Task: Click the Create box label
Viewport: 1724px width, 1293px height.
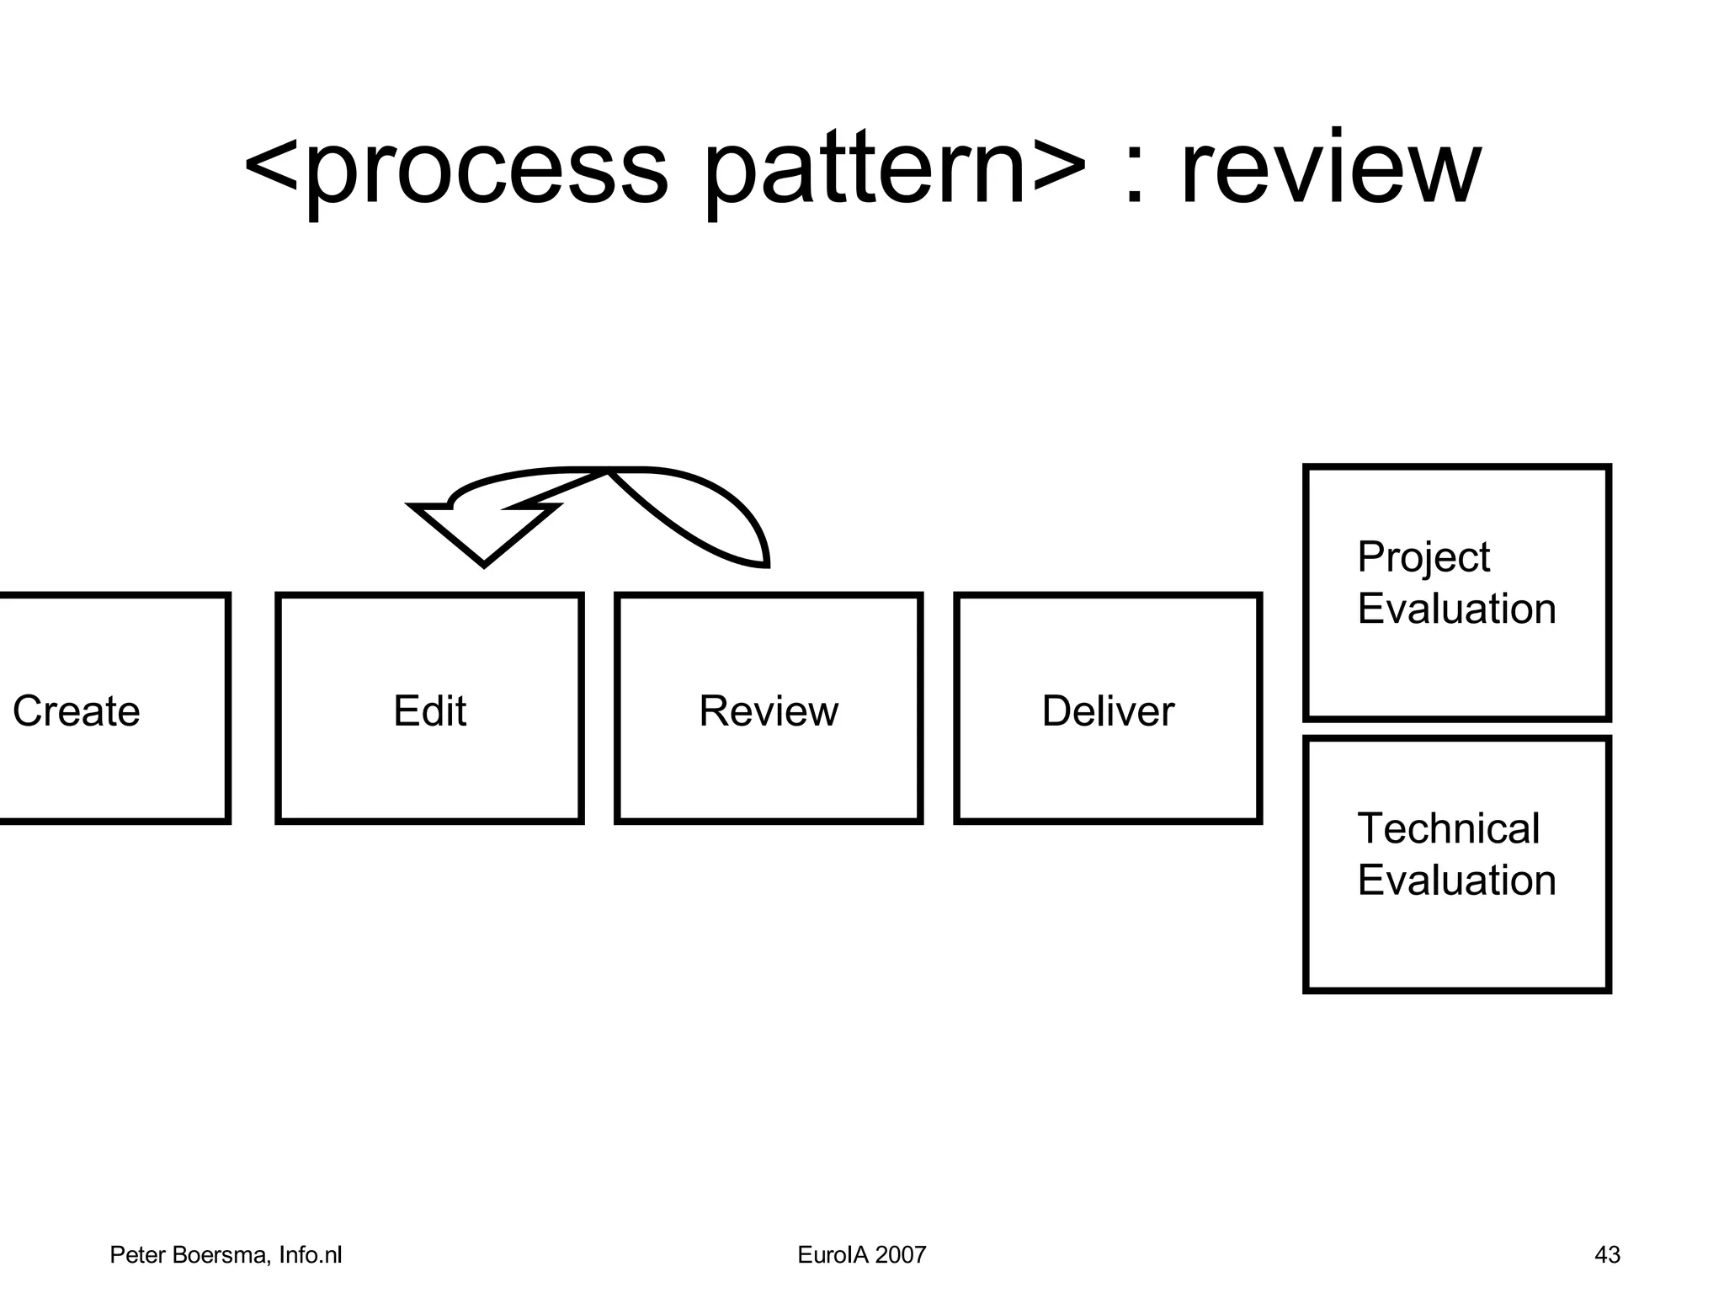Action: coord(76,710)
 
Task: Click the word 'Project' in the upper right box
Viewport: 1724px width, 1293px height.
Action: coord(1423,558)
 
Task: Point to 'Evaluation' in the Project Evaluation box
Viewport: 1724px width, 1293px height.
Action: coord(1456,609)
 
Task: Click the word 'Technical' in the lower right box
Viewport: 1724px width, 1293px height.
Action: coord(1448,828)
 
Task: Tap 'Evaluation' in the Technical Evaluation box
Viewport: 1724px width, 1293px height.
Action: coord(1456,881)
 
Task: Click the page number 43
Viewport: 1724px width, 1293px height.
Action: coord(1607,1255)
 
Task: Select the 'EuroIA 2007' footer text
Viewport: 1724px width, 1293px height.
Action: coord(861,1255)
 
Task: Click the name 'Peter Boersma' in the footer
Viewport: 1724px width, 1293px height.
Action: coord(189,1255)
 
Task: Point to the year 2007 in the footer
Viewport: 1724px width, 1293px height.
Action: coord(900,1255)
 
